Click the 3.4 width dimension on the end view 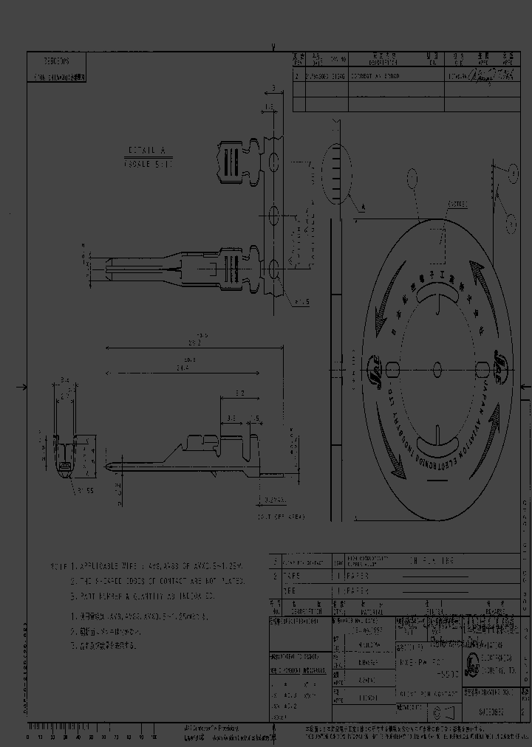(x=65, y=380)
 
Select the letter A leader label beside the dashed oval (x=364, y=210)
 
